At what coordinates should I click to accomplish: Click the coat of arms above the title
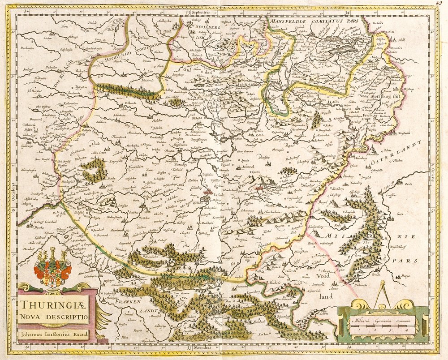click(x=52, y=268)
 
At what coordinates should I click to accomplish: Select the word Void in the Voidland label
click(x=322, y=276)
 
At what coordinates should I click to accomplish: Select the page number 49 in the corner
click(x=441, y=4)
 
